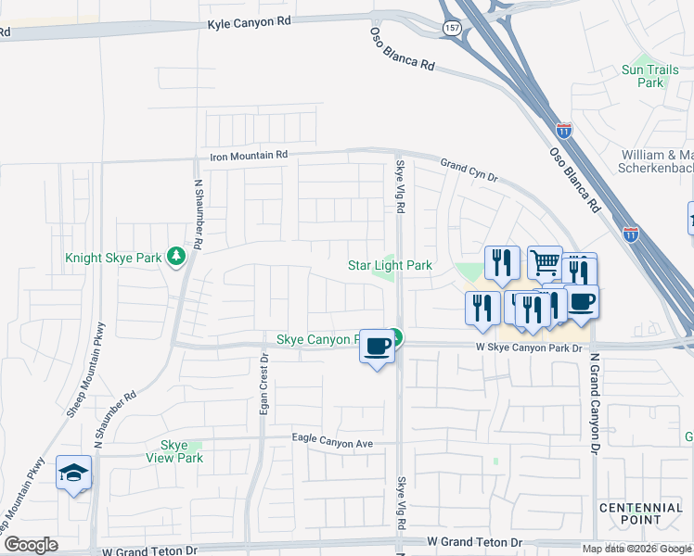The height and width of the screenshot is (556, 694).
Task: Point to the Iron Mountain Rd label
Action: click(x=249, y=156)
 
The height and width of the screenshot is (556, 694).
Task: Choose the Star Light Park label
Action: click(x=390, y=266)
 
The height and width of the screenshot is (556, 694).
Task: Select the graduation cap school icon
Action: click(x=73, y=474)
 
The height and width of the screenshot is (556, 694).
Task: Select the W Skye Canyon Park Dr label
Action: click(x=527, y=347)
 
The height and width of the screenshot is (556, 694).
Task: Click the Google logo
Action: click(x=30, y=545)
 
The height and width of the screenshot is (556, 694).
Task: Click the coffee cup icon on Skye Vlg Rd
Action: click(x=376, y=346)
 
